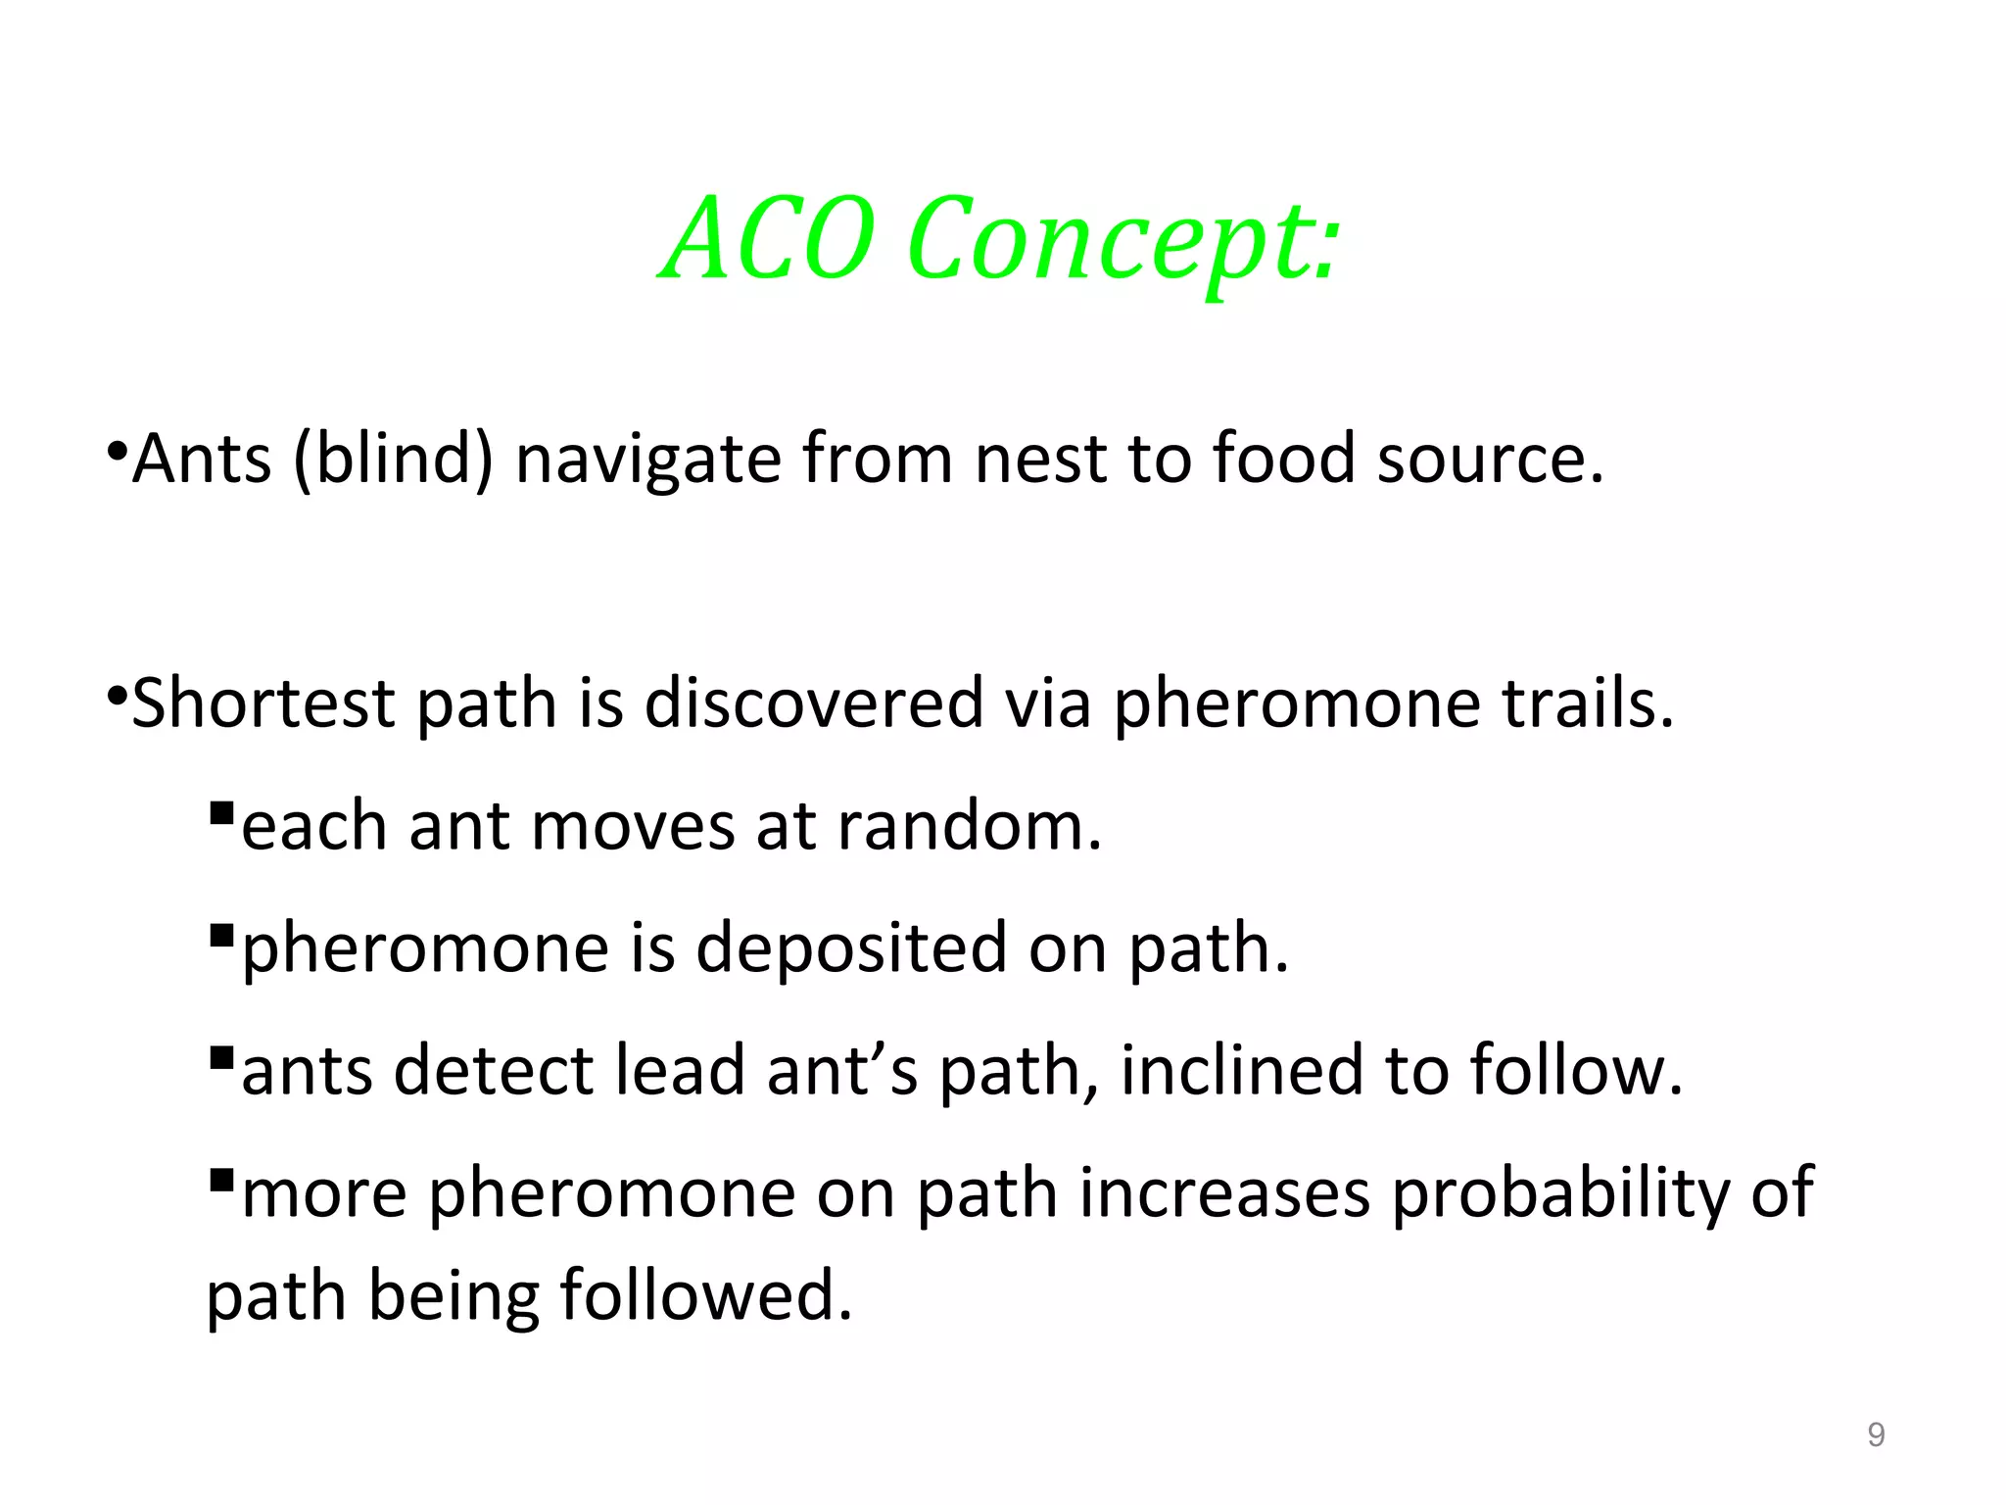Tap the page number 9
point(1876,1434)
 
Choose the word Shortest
point(263,704)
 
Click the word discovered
point(813,704)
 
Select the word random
point(970,826)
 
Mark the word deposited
point(851,948)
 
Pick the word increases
point(1224,1192)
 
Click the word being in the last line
point(454,1297)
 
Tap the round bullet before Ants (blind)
point(117,452)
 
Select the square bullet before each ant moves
point(221,813)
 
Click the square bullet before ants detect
point(221,1058)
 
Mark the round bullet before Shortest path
point(117,697)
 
